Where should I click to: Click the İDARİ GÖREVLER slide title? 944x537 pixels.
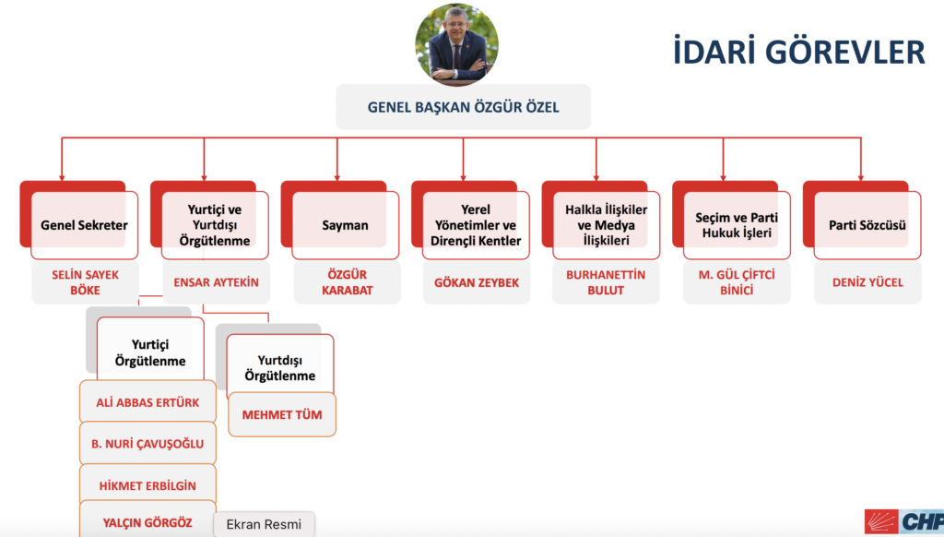798,52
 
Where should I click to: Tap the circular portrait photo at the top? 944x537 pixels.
457,44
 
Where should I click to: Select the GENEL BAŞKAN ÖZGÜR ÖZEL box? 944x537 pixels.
463,107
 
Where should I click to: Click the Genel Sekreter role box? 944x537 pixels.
84,225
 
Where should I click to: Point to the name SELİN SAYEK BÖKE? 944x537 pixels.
85,282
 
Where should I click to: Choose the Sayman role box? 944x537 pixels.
345,225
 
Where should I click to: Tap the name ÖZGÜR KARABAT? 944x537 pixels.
347,282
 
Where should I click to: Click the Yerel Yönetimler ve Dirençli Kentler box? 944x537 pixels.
476,225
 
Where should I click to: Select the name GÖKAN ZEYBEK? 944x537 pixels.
477,282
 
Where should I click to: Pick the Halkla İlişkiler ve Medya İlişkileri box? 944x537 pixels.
607,225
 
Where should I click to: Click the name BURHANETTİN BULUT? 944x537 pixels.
606,282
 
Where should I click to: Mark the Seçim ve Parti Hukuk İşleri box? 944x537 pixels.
737,225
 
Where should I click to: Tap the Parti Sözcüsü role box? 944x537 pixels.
867,225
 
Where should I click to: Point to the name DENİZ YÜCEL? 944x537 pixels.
867,282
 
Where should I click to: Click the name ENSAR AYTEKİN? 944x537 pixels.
216,282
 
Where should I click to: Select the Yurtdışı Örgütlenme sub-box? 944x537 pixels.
280,364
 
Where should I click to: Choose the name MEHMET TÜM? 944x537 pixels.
282,414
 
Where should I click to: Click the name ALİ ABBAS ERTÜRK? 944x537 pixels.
147,402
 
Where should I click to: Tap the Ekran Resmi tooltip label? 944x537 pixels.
264,524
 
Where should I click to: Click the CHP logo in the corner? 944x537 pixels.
903,521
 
